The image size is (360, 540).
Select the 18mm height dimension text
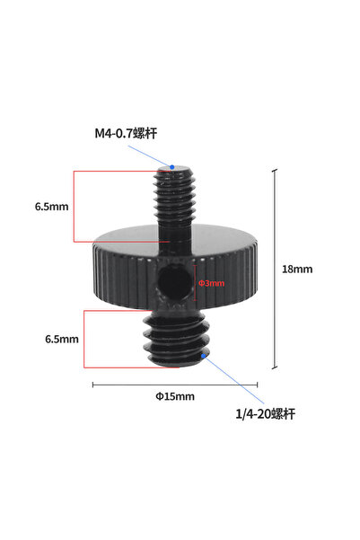click(297, 269)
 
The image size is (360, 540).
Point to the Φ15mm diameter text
click(175, 395)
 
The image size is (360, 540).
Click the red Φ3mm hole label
click(211, 284)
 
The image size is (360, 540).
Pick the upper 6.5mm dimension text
click(52, 207)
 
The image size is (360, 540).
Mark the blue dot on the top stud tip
click(172, 167)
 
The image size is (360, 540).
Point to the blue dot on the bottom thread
click(206, 356)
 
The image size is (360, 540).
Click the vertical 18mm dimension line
click(275, 270)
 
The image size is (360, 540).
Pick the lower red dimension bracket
click(84, 339)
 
